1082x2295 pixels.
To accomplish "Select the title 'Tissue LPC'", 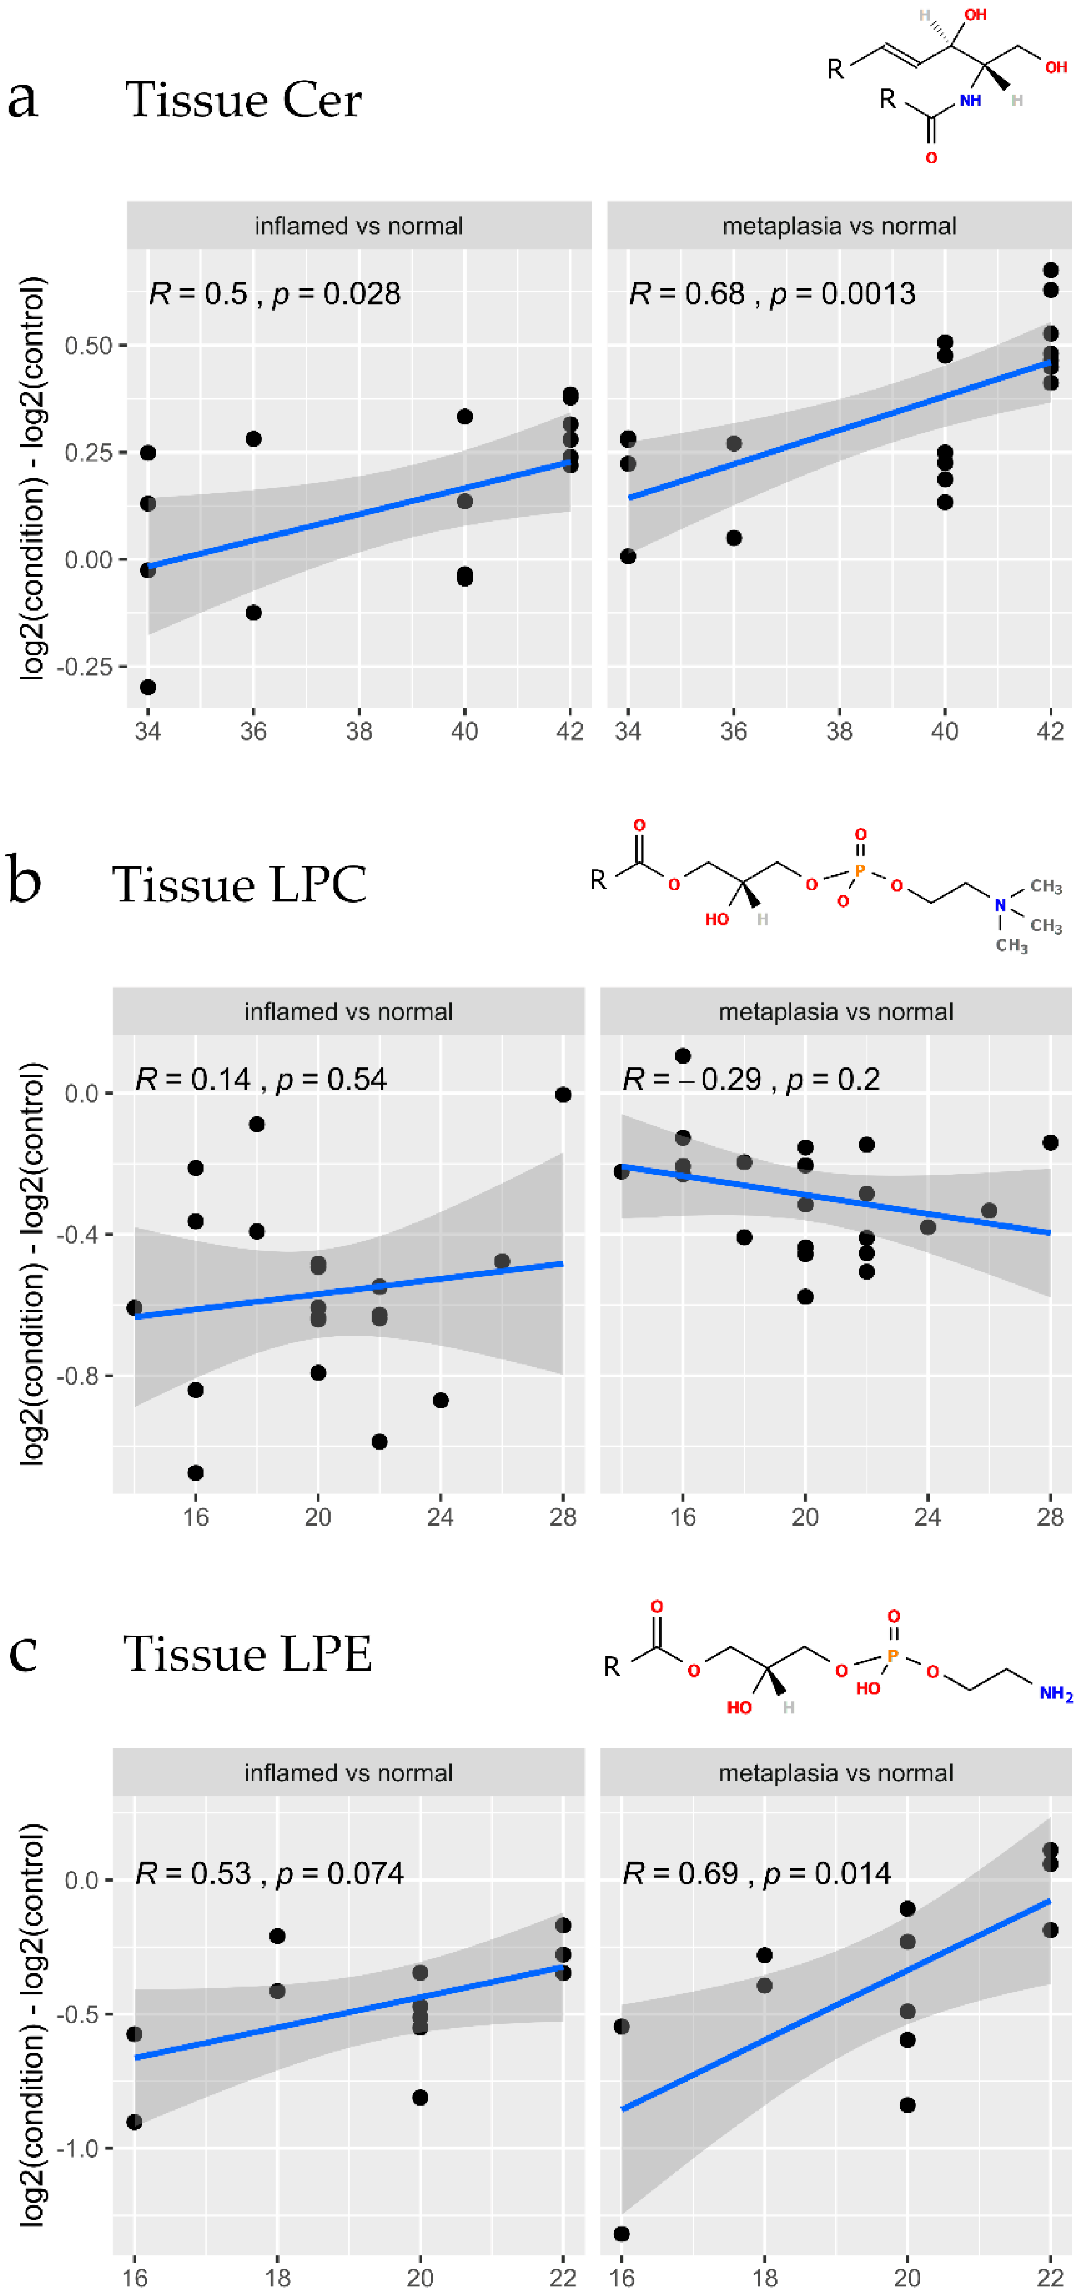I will (239, 885).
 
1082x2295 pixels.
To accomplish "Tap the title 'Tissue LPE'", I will (247, 1655).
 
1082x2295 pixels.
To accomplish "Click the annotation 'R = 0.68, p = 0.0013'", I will (771, 293).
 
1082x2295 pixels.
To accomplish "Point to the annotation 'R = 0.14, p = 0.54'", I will (260, 1079).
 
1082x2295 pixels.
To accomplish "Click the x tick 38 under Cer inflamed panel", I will (359, 731).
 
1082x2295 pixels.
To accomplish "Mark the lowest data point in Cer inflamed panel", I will (148, 687).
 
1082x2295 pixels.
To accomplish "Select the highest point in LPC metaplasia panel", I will (683, 1056).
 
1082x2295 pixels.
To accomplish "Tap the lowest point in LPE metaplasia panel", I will (622, 2234).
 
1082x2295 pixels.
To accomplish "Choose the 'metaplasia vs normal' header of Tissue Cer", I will (839, 226).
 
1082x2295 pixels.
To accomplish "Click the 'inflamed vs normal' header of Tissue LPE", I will (348, 1773).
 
